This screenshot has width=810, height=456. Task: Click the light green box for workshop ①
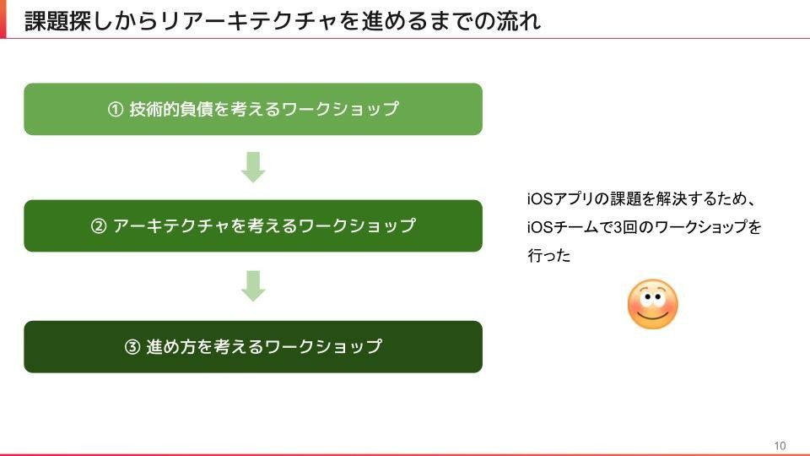click(253, 109)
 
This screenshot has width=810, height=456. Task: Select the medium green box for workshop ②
click(253, 225)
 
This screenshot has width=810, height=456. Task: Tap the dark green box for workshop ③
click(253, 346)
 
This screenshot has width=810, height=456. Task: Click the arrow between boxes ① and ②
click(253, 167)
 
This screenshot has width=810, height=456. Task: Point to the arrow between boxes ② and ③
click(253, 285)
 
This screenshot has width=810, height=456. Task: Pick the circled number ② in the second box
click(99, 226)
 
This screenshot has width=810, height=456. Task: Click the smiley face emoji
click(652, 305)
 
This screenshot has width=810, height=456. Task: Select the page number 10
click(779, 446)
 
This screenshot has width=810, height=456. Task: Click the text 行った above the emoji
click(549, 256)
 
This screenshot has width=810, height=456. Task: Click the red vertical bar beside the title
click(3, 20)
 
